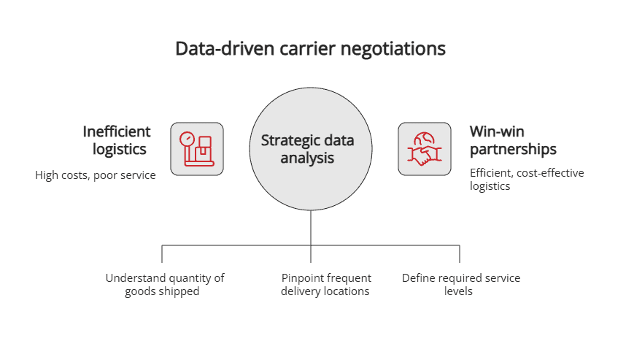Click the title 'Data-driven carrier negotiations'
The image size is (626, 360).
pyautogui.click(x=310, y=50)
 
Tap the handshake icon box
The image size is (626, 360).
pyautogui.click(x=425, y=149)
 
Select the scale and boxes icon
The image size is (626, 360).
pyautogui.click(x=197, y=149)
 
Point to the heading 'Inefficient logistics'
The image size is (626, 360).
pyautogui.click(x=116, y=140)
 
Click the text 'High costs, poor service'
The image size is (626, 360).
pyautogui.click(x=96, y=175)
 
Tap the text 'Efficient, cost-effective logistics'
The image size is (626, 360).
pyautogui.click(x=527, y=179)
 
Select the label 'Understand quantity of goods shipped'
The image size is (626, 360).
pyautogui.click(x=165, y=285)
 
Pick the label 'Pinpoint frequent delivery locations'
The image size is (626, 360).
pyautogui.click(x=325, y=285)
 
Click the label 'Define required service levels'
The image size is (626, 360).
pyautogui.click(x=460, y=285)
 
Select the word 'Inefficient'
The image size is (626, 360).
pyautogui.click(x=117, y=131)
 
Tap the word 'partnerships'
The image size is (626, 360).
pyautogui.click(x=513, y=150)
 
